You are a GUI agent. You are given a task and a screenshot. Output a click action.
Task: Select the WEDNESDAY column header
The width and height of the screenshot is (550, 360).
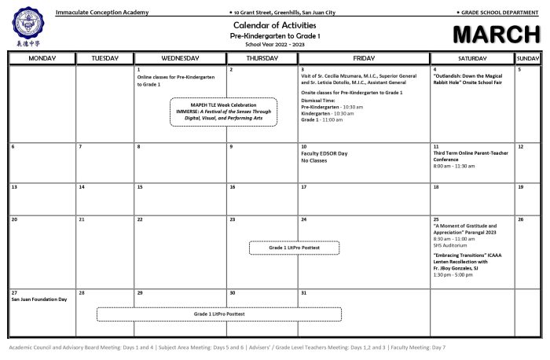click(x=180, y=58)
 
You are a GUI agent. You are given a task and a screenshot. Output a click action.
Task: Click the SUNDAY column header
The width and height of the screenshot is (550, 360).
click(x=527, y=58)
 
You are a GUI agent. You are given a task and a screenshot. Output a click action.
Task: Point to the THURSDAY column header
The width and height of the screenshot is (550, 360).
click(x=262, y=58)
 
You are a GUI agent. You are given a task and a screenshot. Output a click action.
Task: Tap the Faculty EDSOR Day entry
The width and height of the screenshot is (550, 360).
click(x=324, y=153)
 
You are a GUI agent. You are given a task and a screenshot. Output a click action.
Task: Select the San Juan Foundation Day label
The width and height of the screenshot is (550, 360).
click(x=39, y=299)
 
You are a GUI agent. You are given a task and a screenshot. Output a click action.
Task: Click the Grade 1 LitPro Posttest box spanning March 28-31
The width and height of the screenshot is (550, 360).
click(x=219, y=314)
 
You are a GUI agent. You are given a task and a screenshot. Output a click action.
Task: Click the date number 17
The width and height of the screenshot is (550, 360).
click(x=304, y=188)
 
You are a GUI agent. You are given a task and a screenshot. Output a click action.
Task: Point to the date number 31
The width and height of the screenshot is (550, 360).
click(x=304, y=292)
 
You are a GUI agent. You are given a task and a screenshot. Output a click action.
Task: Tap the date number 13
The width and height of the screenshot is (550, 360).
click(x=14, y=188)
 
